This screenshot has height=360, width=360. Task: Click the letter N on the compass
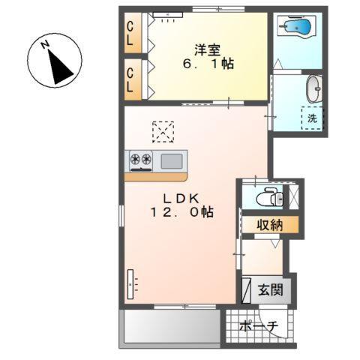[x=45, y=44]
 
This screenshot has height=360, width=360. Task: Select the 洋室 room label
[x=208, y=50]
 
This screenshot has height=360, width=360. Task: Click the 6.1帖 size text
[x=208, y=64]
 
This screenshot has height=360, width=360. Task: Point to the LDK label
[x=181, y=199]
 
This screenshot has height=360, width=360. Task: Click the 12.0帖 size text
[x=181, y=212]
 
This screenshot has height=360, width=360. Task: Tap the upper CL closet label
[x=130, y=33]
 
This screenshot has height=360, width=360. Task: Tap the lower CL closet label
[x=130, y=79]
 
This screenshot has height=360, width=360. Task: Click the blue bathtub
[x=298, y=26]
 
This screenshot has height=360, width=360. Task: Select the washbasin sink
[x=314, y=89]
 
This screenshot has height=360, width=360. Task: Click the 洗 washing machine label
[x=312, y=118]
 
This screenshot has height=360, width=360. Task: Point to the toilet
[x=269, y=197]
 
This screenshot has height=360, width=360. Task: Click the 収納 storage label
[x=270, y=225]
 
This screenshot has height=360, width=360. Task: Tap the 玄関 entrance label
[x=271, y=290]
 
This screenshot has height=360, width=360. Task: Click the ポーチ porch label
[x=259, y=326]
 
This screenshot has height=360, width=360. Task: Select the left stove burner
[x=135, y=158]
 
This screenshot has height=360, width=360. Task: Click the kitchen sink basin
[x=172, y=161]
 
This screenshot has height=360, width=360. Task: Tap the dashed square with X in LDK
[x=163, y=132]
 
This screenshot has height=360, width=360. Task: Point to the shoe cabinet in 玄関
[x=246, y=290]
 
